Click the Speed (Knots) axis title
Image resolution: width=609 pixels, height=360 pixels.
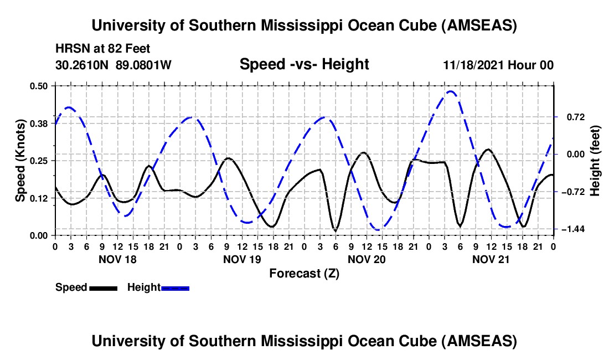tap(20, 161)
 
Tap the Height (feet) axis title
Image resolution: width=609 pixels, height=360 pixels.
tap(595, 161)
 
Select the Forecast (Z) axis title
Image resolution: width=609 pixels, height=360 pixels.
tap(304, 273)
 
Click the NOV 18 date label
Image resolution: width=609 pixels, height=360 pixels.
tap(117, 259)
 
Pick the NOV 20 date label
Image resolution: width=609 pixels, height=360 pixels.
tap(367, 259)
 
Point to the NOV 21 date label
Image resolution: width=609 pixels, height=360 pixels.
tap(491, 259)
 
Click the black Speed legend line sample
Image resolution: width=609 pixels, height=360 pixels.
tap(103, 288)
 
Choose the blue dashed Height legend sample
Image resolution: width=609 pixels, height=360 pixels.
tap(176, 288)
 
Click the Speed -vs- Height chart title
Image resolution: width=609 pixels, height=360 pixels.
tap(304, 64)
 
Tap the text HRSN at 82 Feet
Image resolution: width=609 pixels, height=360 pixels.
tap(103, 49)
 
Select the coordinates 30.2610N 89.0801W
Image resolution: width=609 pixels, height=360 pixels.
tap(113, 65)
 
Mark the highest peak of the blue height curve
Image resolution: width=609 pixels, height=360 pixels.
tap(450, 91)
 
